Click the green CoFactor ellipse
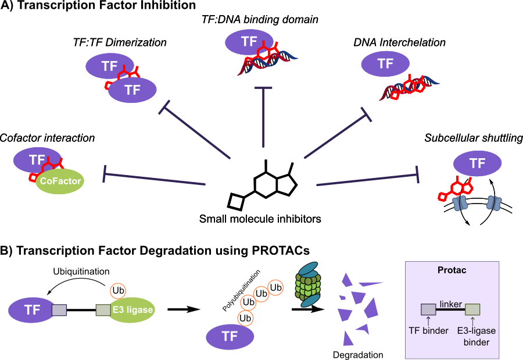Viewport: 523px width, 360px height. pyautogui.click(x=60, y=181)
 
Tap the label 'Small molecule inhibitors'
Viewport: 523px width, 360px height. pyautogui.click(x=260, y=219)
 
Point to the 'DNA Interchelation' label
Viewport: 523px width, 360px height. pyautogui.click(x=399, y=42)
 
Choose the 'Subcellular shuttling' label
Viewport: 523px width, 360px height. pyautogui.click(x=474, y=138)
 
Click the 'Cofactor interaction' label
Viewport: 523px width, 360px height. pyautogui.click(x=47, y=138)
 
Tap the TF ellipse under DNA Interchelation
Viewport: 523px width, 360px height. pyautogui.click(x=386, y=63)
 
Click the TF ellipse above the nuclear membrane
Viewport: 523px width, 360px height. pyautogui.click(x=477, y=164)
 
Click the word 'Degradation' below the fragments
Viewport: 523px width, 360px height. pyautogui.click(x=359, y=354)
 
